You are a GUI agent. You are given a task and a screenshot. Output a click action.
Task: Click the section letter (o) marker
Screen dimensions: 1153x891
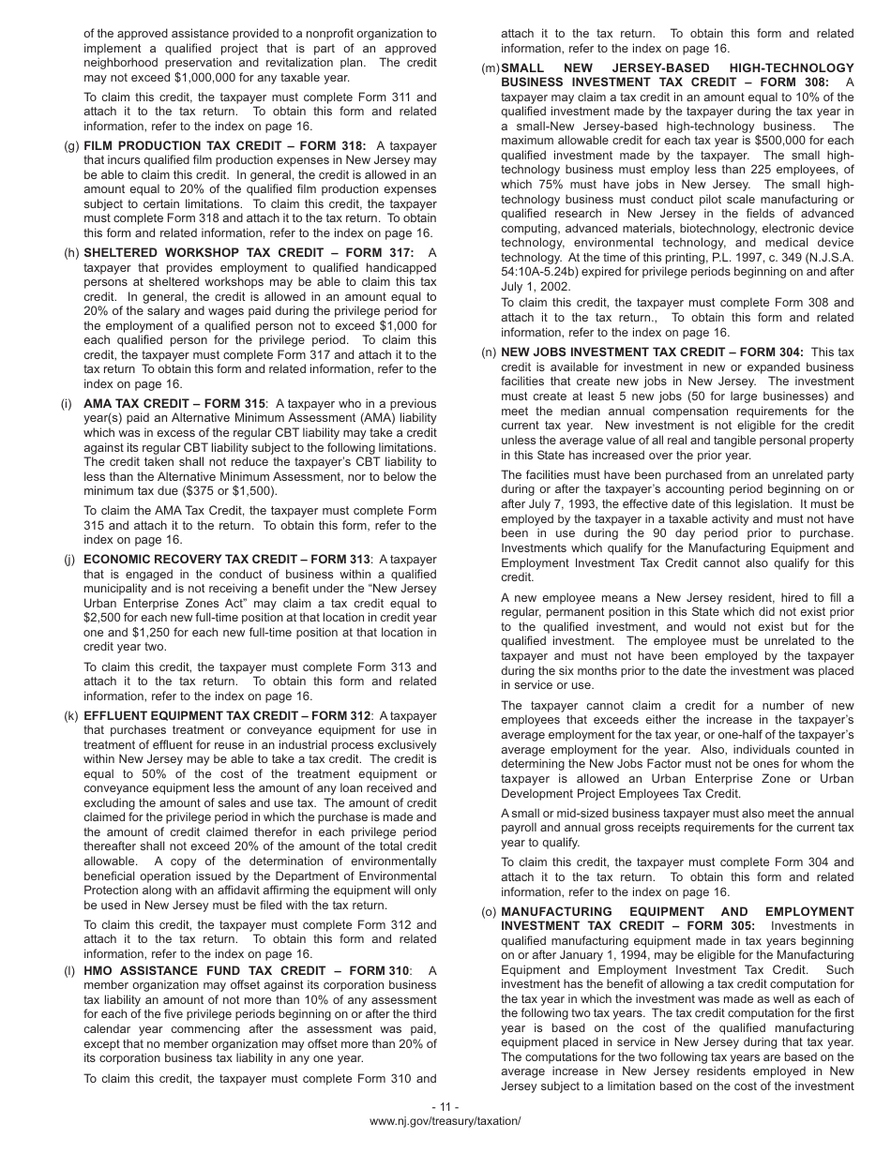pyautogui.click(x=488, y=912)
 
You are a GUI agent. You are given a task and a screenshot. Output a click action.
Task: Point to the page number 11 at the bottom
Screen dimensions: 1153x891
pyautogui.click(x=445, y=1106)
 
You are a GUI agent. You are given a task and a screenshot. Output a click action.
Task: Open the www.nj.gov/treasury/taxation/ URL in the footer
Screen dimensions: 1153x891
pyautogui.click(x=445, y=1121)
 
